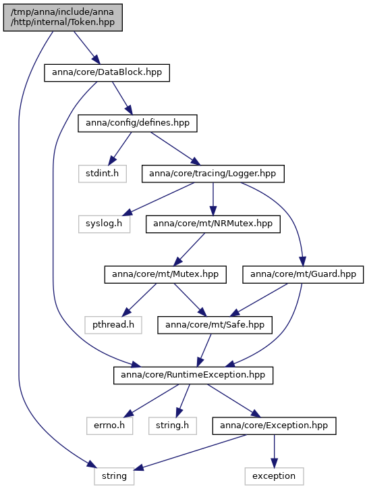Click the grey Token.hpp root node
[63, 18]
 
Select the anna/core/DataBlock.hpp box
[107, 73]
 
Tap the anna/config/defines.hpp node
[138, 123]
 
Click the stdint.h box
[102, 174]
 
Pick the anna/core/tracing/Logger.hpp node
[213, 174]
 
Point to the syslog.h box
[104, 224]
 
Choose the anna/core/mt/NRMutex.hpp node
[213, 224]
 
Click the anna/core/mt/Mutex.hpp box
[165, 274]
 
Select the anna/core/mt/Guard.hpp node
[303, 274]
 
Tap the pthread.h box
[113, 325]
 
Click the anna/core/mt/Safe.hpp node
[215, 325]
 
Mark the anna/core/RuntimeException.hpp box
[193, 375]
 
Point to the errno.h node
[110, 426]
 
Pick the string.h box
[172, 426]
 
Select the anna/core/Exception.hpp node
[274, 426]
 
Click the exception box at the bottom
[274, 476]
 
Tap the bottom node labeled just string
[114, 476]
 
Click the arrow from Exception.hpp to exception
[274, 451]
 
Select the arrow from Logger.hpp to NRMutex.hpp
[213, 199]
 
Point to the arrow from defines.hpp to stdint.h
[120, 149]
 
